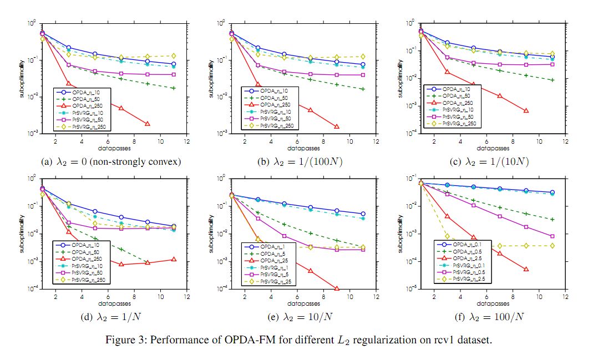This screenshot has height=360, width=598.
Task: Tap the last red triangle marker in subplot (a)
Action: click(x=148, y=124)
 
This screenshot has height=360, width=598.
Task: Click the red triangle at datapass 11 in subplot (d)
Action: click(x=174, y=259)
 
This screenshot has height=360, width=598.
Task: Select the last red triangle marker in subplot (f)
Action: click(x=526, y=270)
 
